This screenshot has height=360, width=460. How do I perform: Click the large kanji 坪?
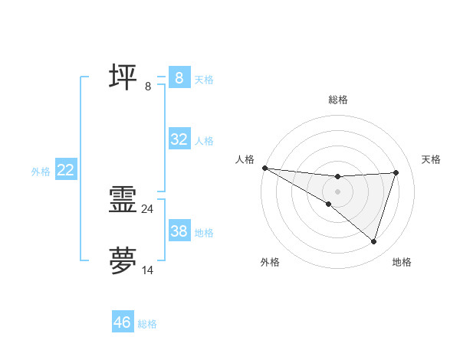coord(123,77)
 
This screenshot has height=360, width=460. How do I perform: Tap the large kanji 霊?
coord(123,201)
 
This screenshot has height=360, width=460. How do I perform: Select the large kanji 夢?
coord(123,260)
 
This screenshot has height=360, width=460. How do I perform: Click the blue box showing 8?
coord(179,77)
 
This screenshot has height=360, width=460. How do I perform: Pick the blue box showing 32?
coord(179,139)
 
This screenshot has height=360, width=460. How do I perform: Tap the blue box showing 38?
coord(179,230)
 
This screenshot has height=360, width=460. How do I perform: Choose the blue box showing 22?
coord(65,170)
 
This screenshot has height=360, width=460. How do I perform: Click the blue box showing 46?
coord(123,322)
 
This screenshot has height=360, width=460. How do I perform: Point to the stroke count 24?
coord(147,208)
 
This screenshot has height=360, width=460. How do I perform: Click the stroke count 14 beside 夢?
coord(147,270)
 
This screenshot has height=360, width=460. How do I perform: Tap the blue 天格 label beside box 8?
coord(204,79)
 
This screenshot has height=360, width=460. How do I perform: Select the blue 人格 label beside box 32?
coord(204,141)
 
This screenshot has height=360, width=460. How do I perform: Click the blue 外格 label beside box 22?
coord(41,172)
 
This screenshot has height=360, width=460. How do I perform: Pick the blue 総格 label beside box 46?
coord(147,324)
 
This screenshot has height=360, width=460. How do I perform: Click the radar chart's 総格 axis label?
coord(337,100)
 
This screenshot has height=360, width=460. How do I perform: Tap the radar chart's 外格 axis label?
coord(270,262)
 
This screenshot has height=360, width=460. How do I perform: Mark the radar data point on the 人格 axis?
coord(264,168)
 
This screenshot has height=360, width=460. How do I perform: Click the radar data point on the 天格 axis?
coord(396,172)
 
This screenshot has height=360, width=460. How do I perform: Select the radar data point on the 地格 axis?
coord(373,241)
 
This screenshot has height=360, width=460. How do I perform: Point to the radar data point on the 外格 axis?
coord(328,204)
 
